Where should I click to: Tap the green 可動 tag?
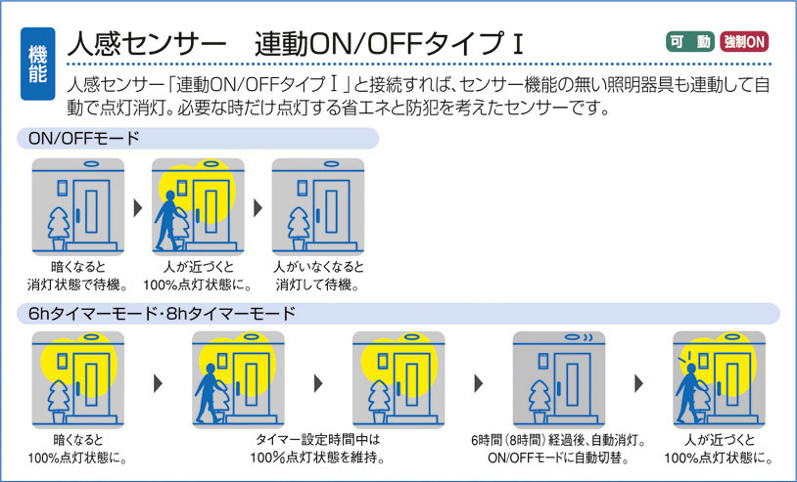[x=689, y=42]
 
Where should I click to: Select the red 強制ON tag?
[x=744, y=42]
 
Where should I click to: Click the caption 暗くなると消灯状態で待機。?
[x=77, y=276]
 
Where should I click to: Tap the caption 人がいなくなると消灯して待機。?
[x=317, y=276]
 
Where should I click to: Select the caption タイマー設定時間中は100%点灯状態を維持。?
[x=317, y=449]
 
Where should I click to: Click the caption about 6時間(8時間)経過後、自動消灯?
[x=557, y=449]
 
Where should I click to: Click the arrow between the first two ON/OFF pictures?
[x=137, y=208]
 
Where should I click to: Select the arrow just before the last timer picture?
[x=637, y=383]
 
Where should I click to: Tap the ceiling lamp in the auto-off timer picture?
[x=566, y=338]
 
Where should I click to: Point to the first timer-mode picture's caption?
[x=77, y=449]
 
